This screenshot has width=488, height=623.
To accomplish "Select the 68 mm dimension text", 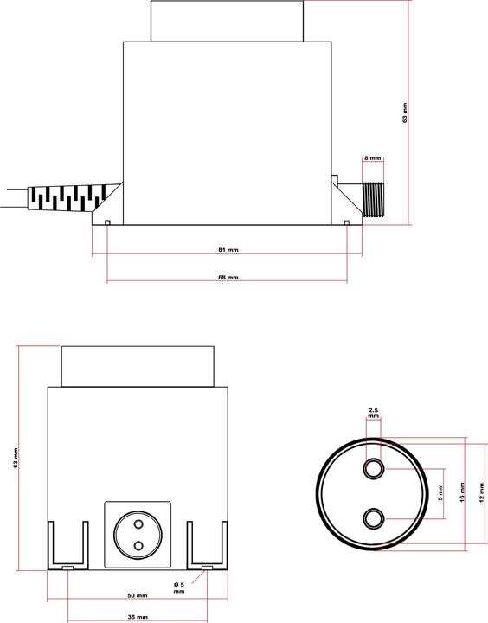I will click(x=228, y=278).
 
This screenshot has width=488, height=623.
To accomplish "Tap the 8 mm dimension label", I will click(x=372, y=158).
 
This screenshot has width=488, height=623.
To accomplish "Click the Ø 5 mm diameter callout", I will click(x=179, y=588).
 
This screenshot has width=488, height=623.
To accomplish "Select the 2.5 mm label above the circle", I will click(x=373, y=412).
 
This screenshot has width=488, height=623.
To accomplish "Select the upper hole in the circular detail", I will click(x=374, y=468).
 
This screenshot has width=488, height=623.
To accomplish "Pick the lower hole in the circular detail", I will click(x=374, y=517).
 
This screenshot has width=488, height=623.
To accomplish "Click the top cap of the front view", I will click(x=138, y=365).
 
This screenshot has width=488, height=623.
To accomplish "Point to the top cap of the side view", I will click(x=228, y=21).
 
